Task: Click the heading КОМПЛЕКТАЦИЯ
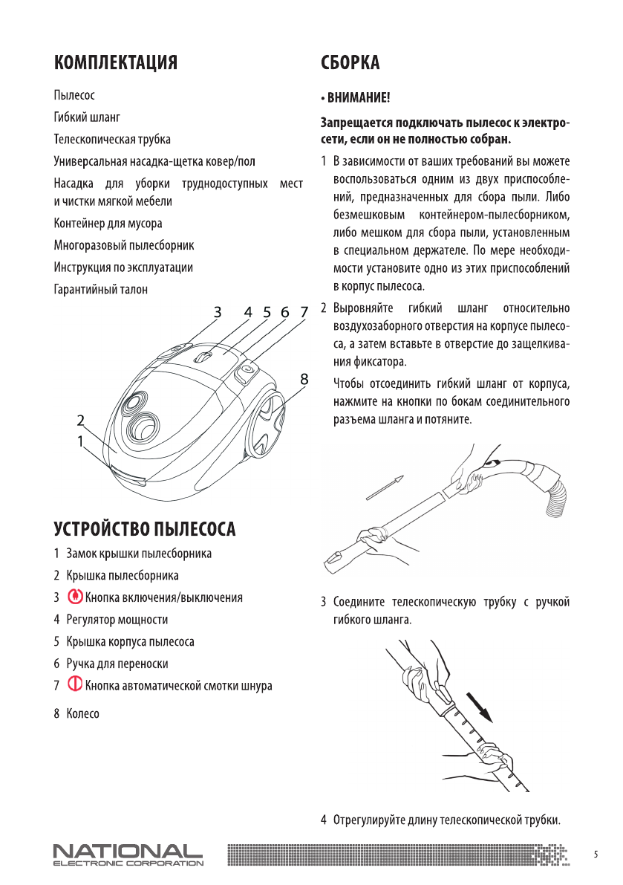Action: (x=115, y=62)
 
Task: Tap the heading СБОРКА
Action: (x=350, y=62)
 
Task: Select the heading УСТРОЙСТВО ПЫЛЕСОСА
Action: (x=145, y=529)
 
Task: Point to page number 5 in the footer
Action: (x=596, y=855)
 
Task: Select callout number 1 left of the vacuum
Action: (x=80, y=441)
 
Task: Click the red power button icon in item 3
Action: (x=74, y=597)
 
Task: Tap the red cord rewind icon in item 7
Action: (x=74, y=685)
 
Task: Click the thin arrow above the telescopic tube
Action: (x=388, y=489)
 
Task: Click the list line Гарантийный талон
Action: (x=100, y=289)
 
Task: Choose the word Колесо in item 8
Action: (x=82, y=714)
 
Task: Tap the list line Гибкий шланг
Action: (x=87, y=117)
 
